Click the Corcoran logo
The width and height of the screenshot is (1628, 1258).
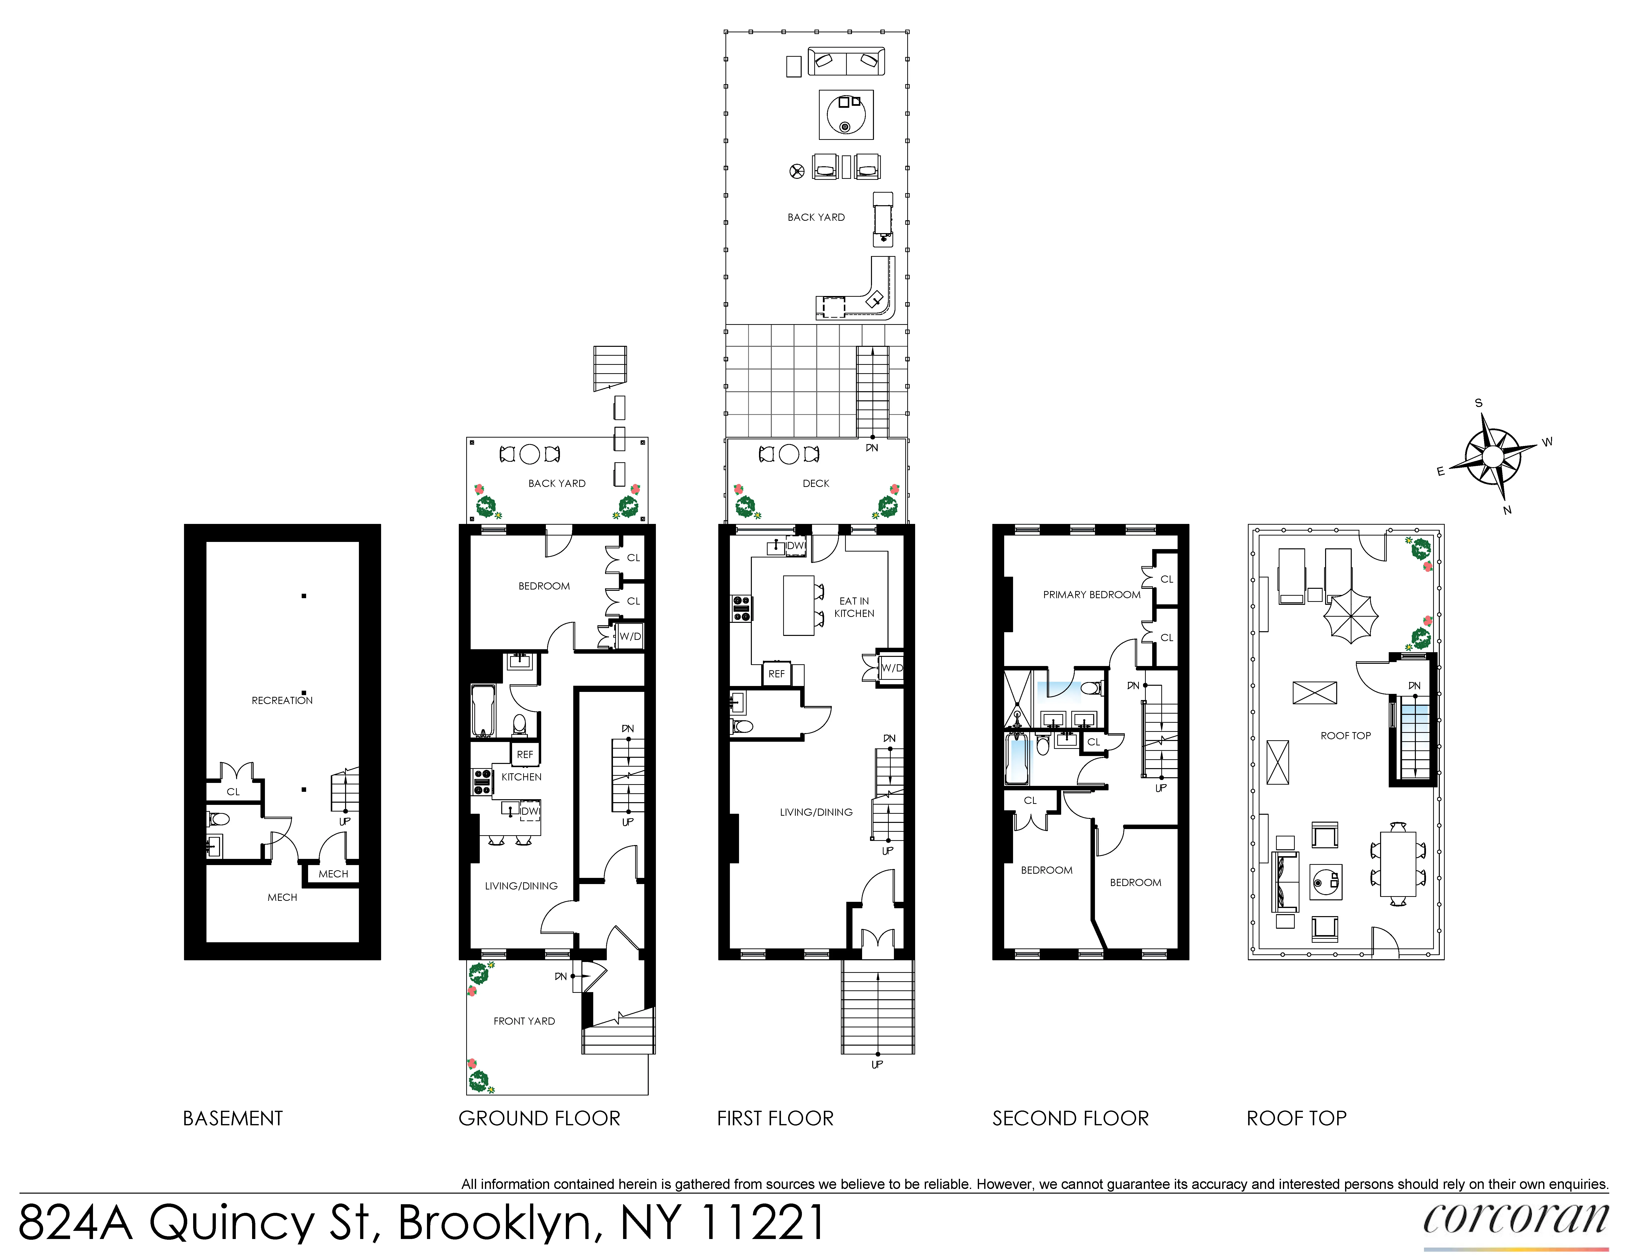(1515, 1219)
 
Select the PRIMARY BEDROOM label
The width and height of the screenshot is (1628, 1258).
(1091, 595)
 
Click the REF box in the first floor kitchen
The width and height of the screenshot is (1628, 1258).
(776, 674)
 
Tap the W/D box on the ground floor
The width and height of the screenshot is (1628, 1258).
(630, 636)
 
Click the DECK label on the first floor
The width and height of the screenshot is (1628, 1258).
(815, 484)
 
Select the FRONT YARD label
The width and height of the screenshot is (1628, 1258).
(524, 1021)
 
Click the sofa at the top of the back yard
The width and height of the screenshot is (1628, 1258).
(846, 61)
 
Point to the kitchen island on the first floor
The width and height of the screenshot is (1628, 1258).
(798, 605)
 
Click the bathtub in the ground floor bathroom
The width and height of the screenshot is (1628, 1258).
(482, 710)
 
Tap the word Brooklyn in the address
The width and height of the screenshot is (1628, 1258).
(494, 1222)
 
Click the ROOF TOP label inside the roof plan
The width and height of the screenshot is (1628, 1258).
(1346, 736)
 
